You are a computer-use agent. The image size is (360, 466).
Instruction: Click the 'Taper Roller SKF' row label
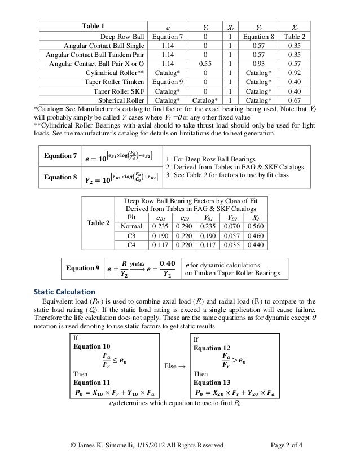pyautogui.click(x=120, y=91)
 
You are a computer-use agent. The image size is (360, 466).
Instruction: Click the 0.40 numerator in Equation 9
pyautogui.click(x=168, y=263)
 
